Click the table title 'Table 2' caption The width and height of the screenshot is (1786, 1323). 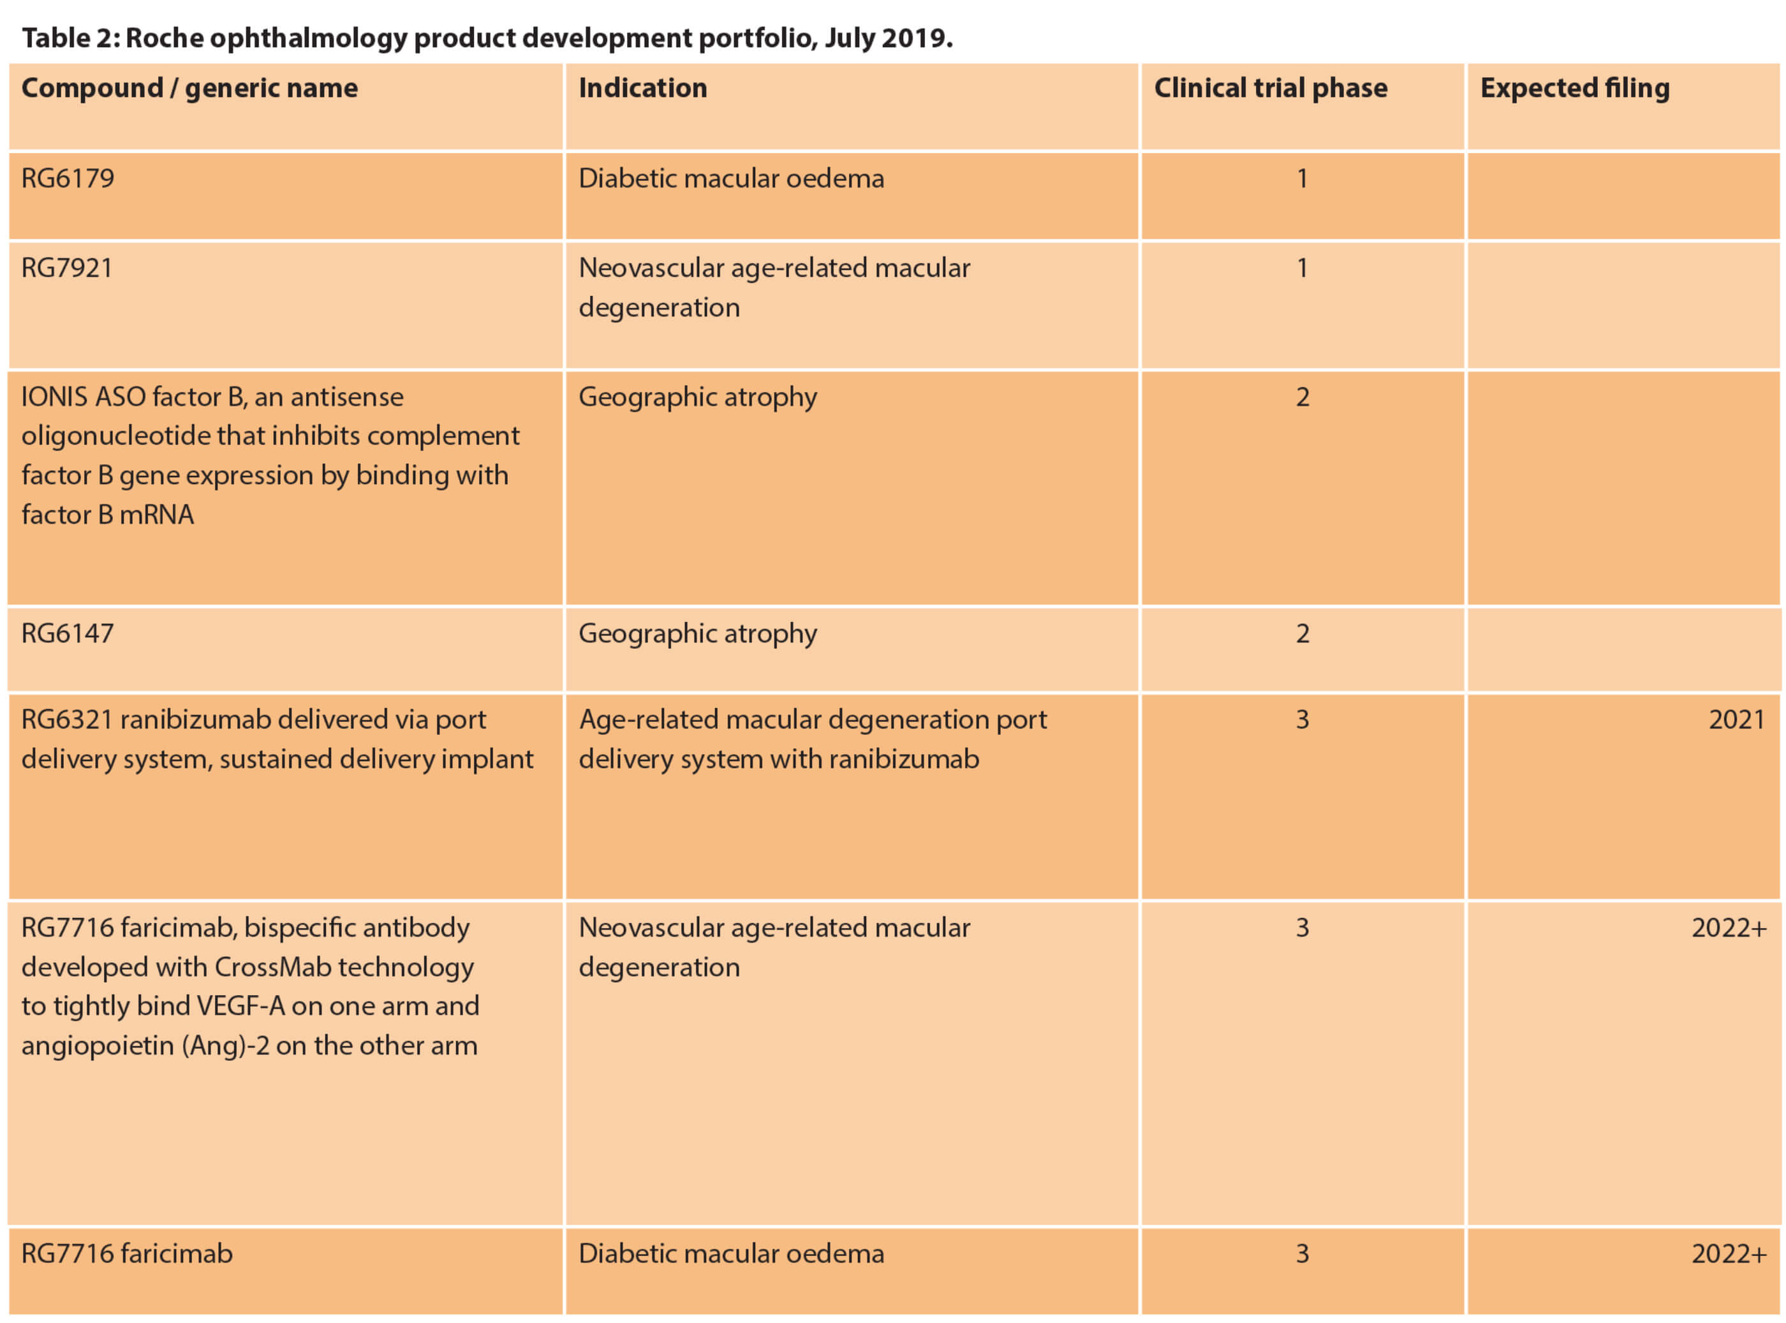click(x=487, y=38)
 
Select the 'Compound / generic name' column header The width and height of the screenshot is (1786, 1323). click(x=189, y=88)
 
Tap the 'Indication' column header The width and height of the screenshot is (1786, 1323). click(x=642, y=88)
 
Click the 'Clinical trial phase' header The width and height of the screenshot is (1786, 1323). click(x=1270, y=88)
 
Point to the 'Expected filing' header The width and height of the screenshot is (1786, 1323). click(x=1575, y=88)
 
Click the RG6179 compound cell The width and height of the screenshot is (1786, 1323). click(x=68, y=178)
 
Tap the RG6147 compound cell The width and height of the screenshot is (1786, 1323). click(x=68, y=633)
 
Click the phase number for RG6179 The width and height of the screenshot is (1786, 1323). click(x=1303, y=178)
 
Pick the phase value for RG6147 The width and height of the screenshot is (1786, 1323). click(x=1303, y=633)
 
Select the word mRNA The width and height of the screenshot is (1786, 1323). click(x=157, y=515)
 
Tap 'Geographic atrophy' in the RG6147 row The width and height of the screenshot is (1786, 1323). click(x=698, y=633)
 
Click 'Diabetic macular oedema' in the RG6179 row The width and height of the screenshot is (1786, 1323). click(x=731, y=178)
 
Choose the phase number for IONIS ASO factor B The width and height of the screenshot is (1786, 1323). click(x=1303, y=397)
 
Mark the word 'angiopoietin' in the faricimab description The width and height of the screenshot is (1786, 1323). click(x=98, y=1046)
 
